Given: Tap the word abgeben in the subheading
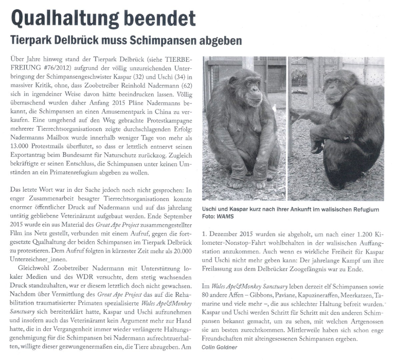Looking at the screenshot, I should (214, 40).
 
